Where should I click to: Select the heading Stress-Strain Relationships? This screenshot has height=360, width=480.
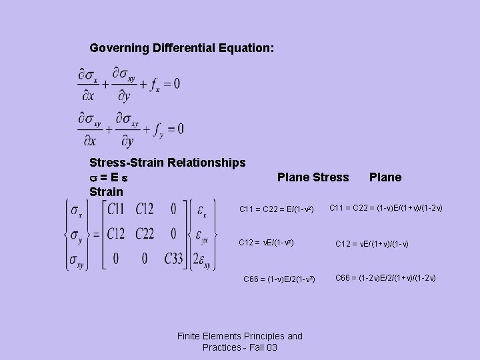tap(167, 162)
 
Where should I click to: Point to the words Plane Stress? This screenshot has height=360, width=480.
tap(313, 177)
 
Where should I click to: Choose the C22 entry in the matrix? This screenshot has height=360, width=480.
tap(149, 233)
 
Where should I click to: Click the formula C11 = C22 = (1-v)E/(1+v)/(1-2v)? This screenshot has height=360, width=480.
tap(386, 209)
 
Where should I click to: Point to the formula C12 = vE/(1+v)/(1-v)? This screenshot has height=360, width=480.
tap(381, 244)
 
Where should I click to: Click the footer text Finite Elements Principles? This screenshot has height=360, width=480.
tap(240, 337)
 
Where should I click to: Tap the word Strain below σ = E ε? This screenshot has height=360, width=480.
tap(106, 192)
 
